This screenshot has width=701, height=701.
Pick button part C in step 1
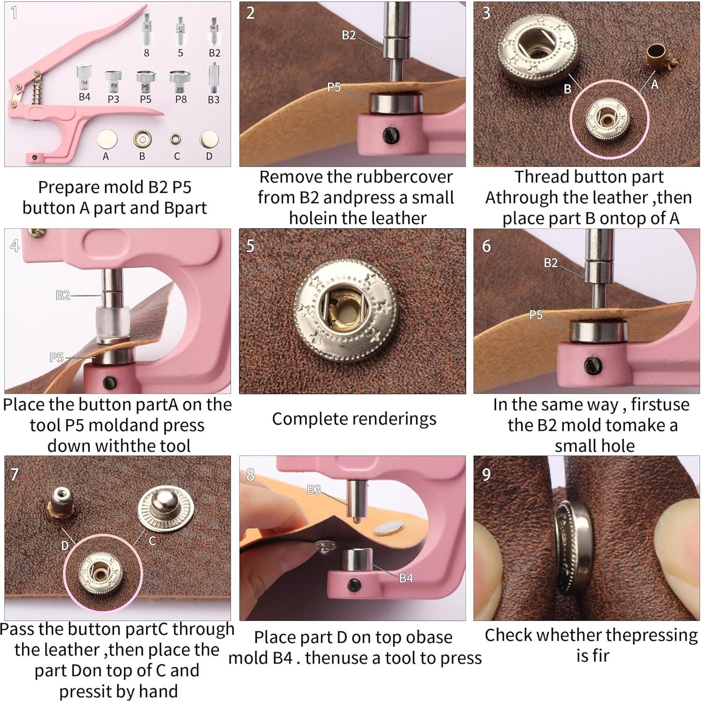[x=175, y=139]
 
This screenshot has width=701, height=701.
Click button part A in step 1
[x=107, y=139]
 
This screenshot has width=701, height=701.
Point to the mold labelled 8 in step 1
[x=146, y=30]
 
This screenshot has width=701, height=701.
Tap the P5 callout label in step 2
[x=334, y=87]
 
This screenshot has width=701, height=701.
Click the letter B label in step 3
[x=567, y=89]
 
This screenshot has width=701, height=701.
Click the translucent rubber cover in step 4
[x=112, y=324]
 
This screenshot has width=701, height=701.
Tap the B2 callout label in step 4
[x=63, y=295]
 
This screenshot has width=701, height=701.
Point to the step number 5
[x=251, y=246]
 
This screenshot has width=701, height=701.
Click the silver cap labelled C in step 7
[x=165, y=509]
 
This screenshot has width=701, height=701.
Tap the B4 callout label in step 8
[x=406, y=578]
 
